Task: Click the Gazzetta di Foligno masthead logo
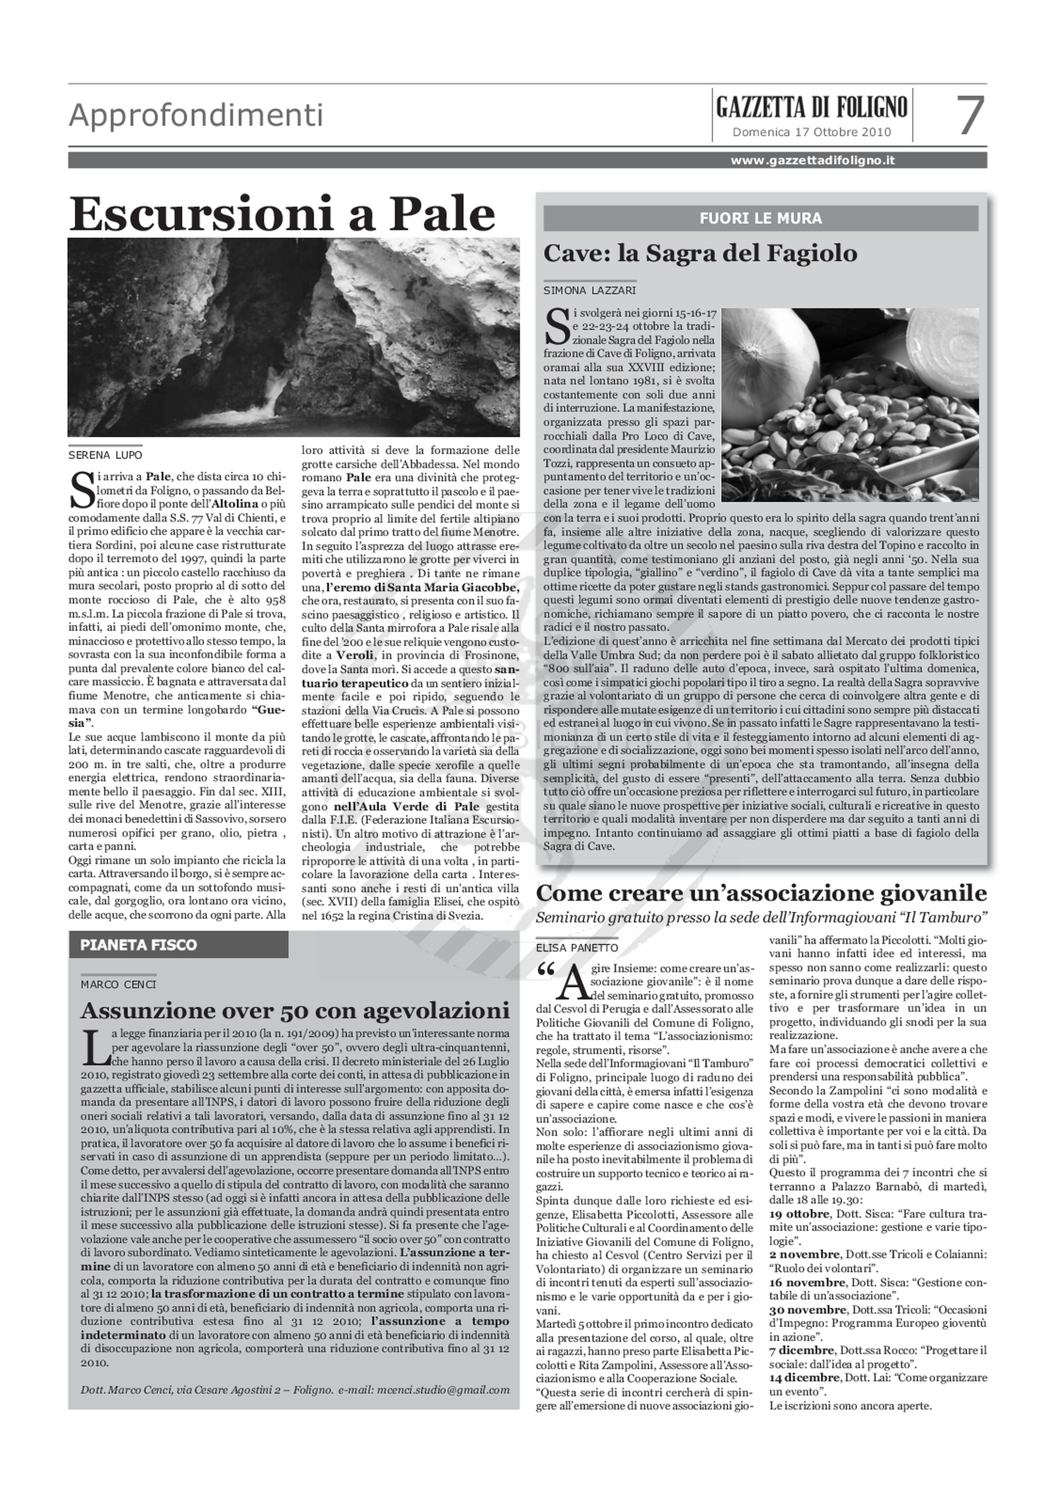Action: (x=811, y=106)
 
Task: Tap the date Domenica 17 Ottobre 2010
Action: (x=811, y=132)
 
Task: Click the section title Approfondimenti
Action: (x=196, y=116)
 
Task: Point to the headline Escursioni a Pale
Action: (x=282, y=215)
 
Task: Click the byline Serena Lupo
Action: (x=105, y=455)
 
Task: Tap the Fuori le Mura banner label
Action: (x=760, y=218)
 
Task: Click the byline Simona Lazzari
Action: (x=590, y=291)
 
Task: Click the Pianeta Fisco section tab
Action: (x=139, y=945)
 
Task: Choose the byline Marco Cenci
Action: (x=118, y=984)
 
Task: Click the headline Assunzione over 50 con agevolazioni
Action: (x=294, y=1011)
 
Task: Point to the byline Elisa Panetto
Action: (x=577, y=948)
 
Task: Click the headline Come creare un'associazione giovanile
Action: (x=761, y=893)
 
